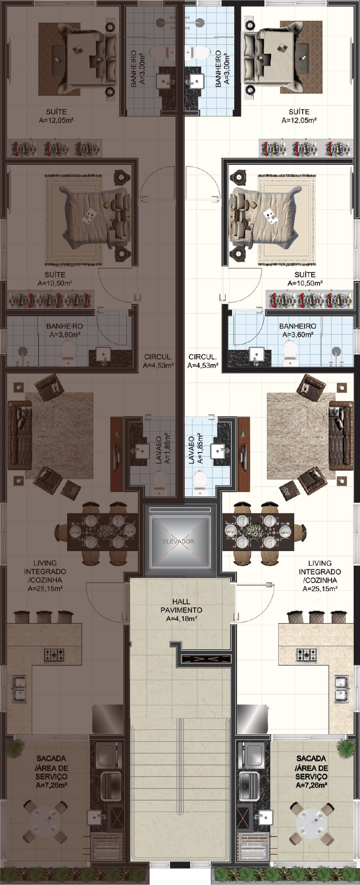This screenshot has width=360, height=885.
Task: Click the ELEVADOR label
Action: [x=179, y=541]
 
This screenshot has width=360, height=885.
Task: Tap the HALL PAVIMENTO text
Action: [x=181, y=606]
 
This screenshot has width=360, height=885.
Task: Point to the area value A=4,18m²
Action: [x=181, y=619]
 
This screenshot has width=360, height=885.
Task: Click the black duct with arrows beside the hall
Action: [x=206, y=658]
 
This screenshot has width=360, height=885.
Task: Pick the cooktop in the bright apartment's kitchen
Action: [x=307, y=654]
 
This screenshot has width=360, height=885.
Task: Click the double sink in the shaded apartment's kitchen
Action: [x=19, y=689]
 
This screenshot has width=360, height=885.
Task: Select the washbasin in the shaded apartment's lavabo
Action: [x=142, y=451]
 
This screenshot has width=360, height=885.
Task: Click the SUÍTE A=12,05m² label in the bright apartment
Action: [x=299, y=116]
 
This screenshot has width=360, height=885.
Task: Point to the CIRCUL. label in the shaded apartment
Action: [x=158, y=357]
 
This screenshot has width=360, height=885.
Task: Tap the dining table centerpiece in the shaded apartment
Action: [x=107, y=532]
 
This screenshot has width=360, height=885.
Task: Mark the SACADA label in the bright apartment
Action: [x=311, y=758]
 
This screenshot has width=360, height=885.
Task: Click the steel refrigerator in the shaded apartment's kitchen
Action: [x=108, y=719]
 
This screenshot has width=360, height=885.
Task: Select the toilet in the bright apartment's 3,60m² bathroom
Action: [x=290, y=352]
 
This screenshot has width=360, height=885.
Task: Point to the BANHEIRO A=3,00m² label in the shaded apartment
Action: [x=137, y=68]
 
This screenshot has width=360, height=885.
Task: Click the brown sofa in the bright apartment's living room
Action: [x=341, y=435]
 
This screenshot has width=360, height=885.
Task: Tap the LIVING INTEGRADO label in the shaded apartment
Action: [x=45, y=567]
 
